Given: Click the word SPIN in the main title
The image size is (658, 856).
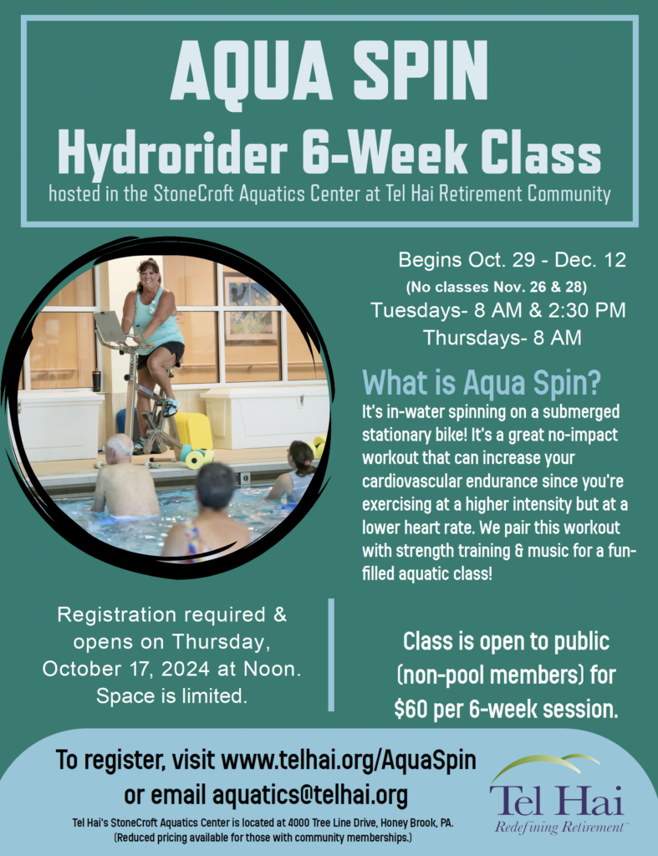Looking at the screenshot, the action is [x=420, y=69].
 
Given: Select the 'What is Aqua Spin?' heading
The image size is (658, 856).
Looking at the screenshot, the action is [x=481, y=383].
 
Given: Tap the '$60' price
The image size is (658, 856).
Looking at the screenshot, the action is [x=411, y=709].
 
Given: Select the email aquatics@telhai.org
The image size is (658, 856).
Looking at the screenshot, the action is [x=310, y=795].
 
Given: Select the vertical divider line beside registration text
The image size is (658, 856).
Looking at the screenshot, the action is [x=331, y=655].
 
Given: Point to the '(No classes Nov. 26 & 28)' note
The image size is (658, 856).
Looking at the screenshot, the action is [x=497, y=286].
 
